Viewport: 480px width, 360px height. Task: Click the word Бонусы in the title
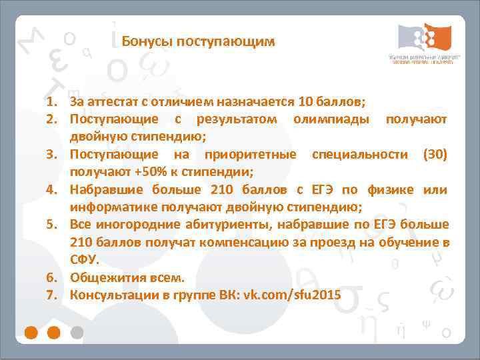coord(142,42)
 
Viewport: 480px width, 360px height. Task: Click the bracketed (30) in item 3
coord(435,155)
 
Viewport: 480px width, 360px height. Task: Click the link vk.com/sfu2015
coord(289,294)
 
